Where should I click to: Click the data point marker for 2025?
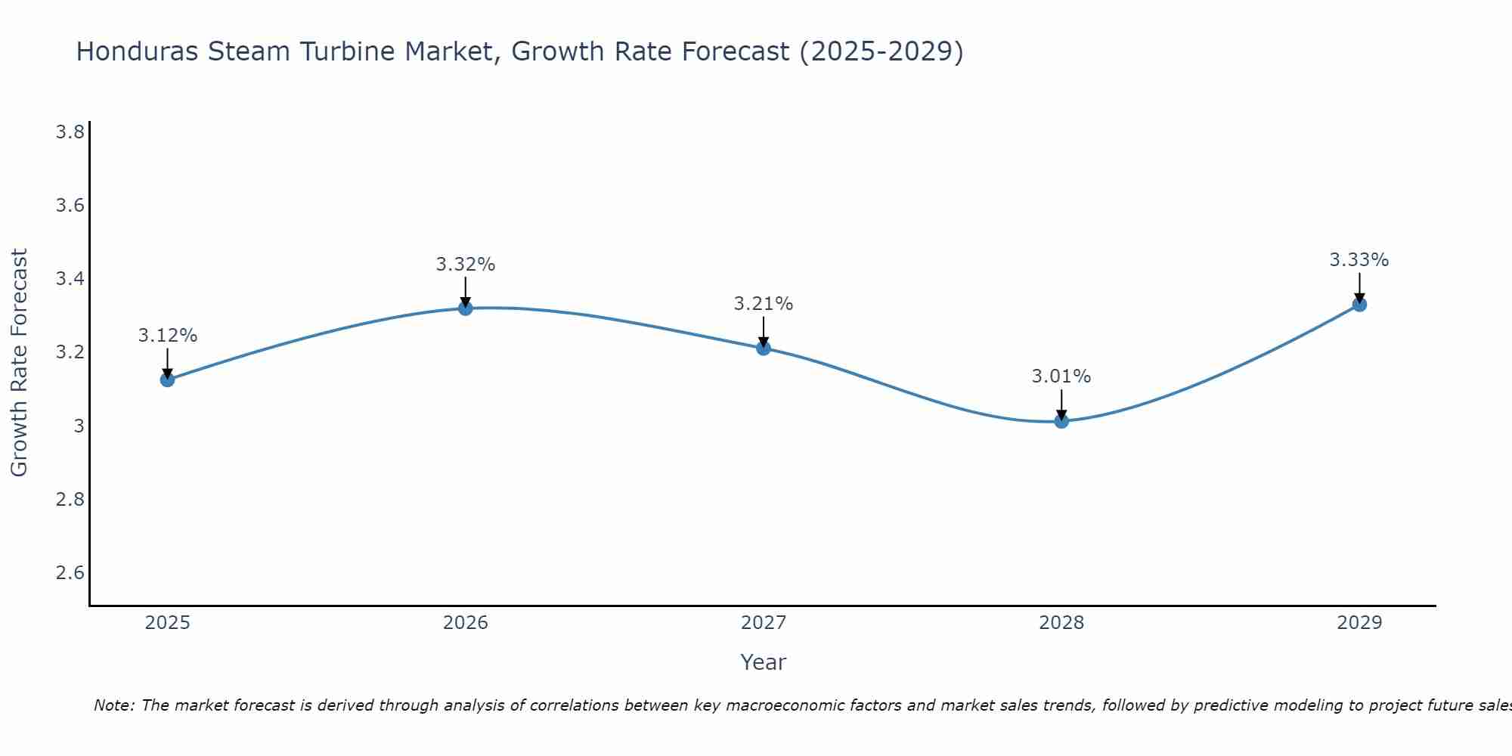(x=167, y=380)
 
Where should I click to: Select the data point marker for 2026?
(x=465, y=308)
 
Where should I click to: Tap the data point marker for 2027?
(x=763, y=348)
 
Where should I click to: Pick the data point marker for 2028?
(x=1061, y=421)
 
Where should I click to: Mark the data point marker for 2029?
(x=1359, y=305)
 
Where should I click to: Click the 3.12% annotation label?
(x=167, y=336)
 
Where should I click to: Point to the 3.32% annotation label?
(x=465, y=265)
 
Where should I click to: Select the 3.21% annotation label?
(x=763, y=304)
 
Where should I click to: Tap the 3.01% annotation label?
(x=1061, y=376)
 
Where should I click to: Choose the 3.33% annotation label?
(x=1359, y=260)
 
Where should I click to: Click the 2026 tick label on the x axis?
(x=465, y=623)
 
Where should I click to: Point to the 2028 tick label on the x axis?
(x=1061, y=623)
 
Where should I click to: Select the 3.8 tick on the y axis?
(x=70, y=133)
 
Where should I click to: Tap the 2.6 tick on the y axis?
(x=70, y=573)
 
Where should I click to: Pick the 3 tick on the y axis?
(x=79, y=426)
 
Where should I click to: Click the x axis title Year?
(x=763, y=662)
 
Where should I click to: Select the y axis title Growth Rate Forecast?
(x=19, y=363)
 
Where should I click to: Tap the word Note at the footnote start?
(x=113, y=705)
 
